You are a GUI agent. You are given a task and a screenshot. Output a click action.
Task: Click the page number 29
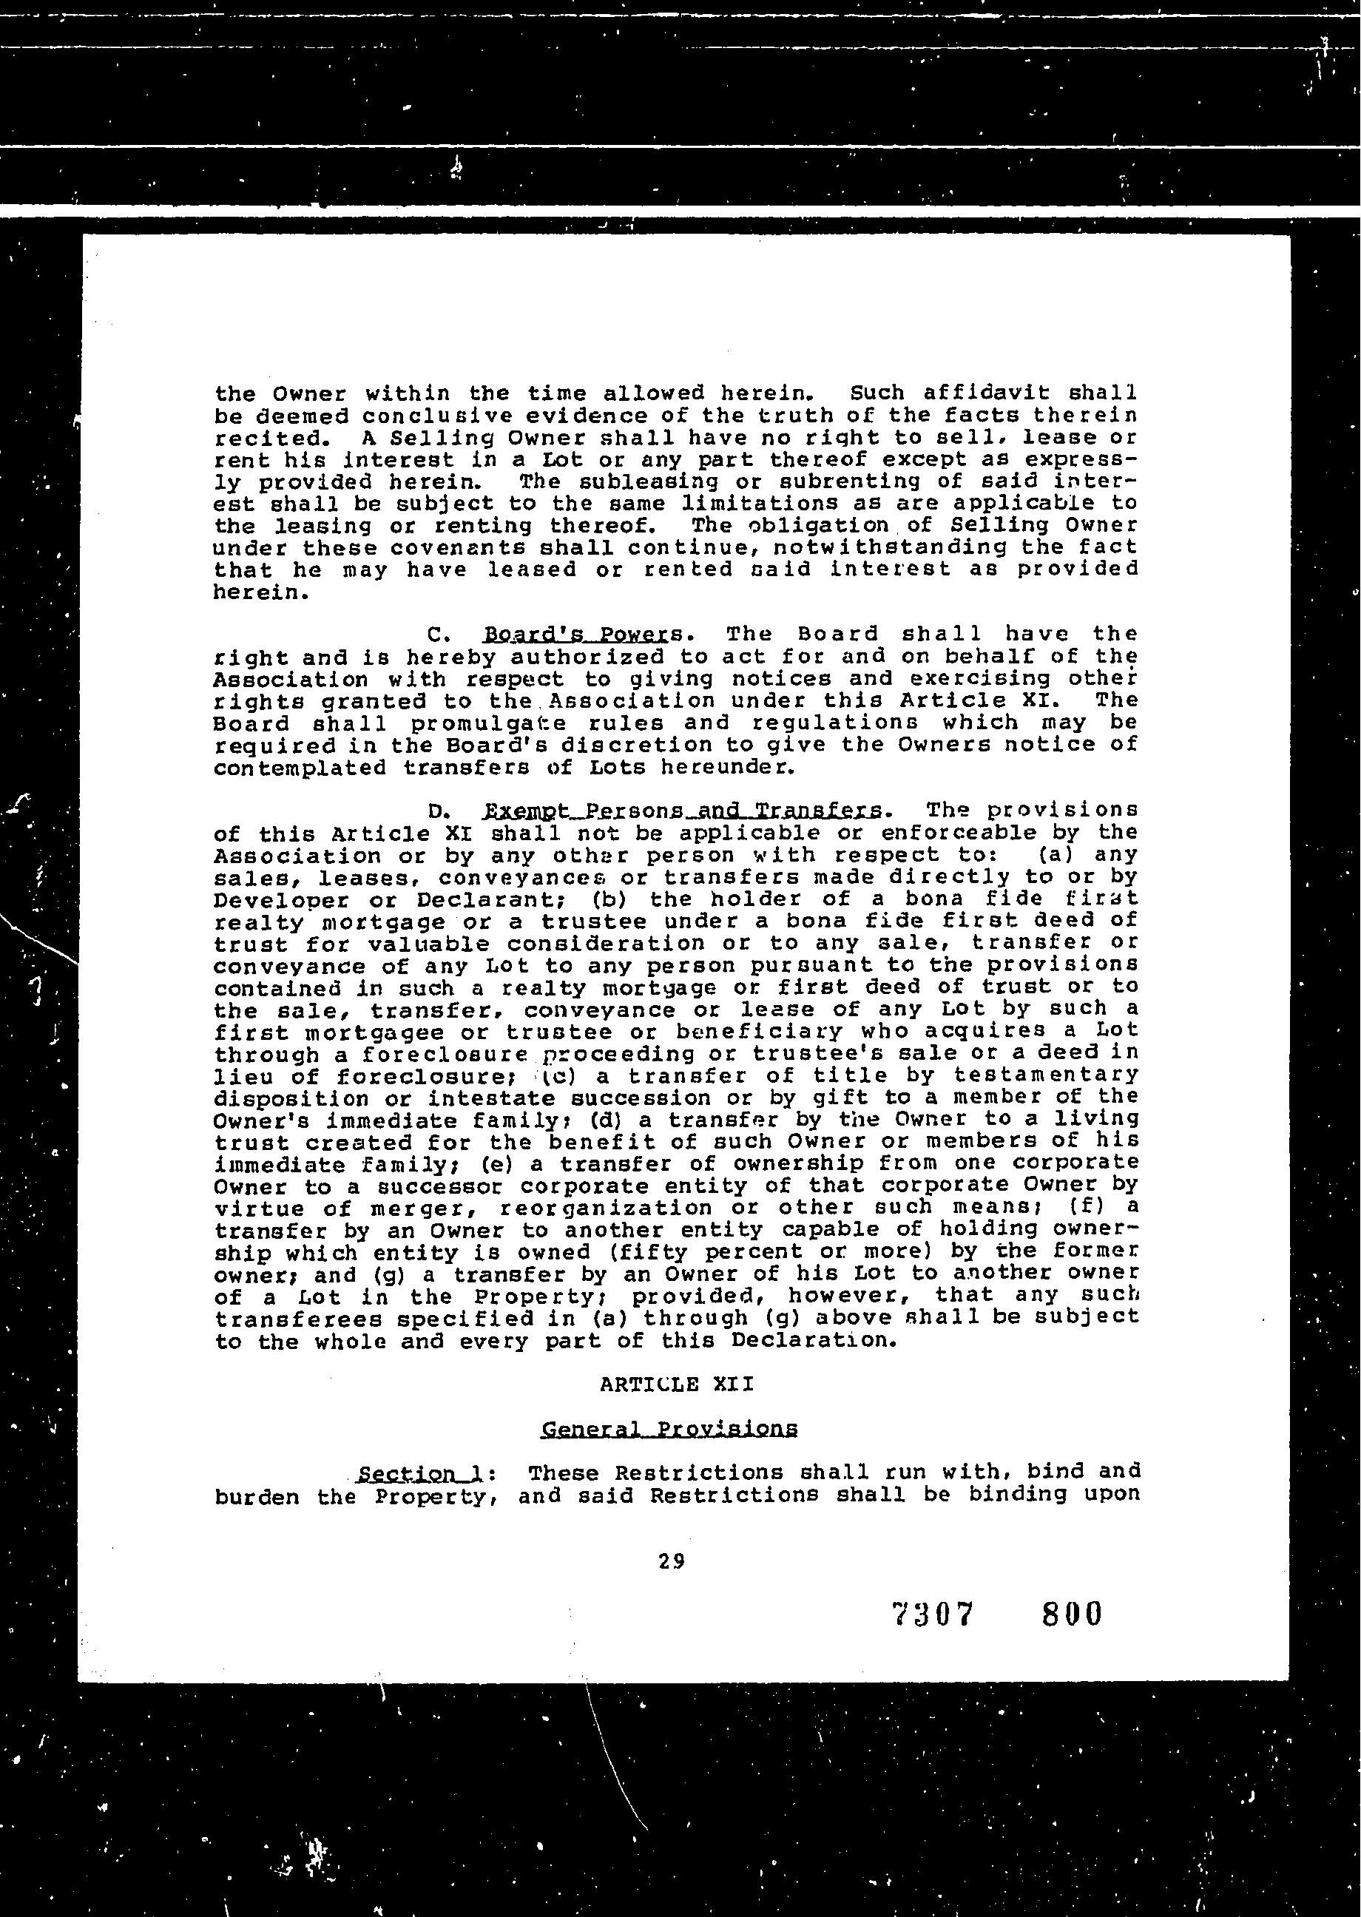[672, 1561]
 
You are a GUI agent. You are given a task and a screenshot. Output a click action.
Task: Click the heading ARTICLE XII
[677, 1384]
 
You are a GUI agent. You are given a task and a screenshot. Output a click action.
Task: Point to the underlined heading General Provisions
[669, 1429]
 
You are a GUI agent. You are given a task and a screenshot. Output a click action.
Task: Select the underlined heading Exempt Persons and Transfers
[683, 811]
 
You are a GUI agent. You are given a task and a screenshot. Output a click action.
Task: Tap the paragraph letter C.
[434, 635]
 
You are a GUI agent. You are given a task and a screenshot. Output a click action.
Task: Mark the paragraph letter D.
[434, 812]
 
